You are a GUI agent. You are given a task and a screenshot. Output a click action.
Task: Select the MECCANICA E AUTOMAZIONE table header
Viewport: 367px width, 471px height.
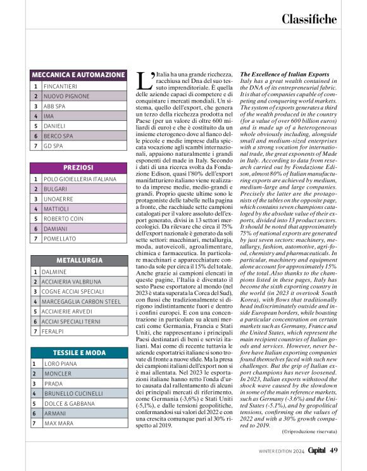coord(78,75)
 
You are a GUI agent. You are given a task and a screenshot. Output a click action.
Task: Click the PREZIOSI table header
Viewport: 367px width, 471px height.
coord(78,168)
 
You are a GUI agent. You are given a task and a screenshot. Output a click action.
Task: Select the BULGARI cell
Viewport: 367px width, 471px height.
coord(57,189)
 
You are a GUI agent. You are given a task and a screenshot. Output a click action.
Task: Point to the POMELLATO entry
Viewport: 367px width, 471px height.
coord(61,239)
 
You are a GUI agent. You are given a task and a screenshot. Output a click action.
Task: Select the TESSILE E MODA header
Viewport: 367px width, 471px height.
coord(78,353)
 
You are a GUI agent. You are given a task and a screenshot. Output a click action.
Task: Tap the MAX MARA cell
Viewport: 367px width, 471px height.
coord(59,424)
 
